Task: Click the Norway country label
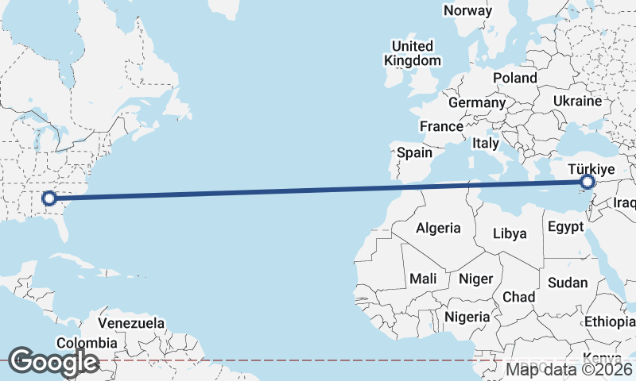point(467,10)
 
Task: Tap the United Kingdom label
point(412,53)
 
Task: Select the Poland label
point(514,78)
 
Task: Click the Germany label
point(477,102)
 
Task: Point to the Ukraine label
point(577,102)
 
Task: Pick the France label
point(441,126)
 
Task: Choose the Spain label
point(414,152)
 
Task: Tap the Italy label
point(485,144)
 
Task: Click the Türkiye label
point(591,169)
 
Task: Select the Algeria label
point(438,228)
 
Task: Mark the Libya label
point(510,233)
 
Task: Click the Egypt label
point(566,227)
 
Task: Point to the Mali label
point(423,279)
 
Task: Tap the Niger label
point(476,279)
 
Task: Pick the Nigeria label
point(467,317)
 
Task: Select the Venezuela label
point(132,323)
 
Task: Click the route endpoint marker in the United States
point(48,198)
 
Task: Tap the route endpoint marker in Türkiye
point(588,183)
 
